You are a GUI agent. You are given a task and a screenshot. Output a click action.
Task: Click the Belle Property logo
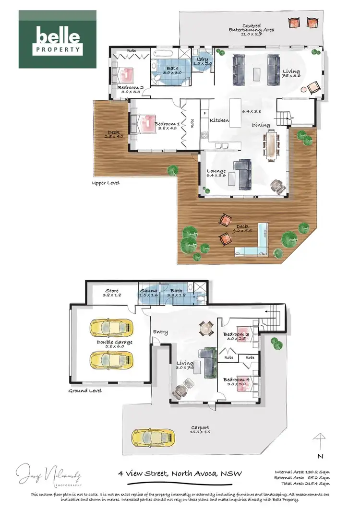[x=58, y=39]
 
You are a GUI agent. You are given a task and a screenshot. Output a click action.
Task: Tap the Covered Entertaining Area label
[x=258, y=27]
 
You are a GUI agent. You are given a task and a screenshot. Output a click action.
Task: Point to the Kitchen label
[x=219, y=120]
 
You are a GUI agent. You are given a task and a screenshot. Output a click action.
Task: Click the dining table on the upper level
[x=272, y=145]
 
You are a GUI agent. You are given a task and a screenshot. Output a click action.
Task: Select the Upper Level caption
[x=106, y=183]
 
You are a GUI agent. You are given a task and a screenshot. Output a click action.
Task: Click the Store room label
[x=112, y=290]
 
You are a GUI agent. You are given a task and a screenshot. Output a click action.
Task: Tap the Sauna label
[x=147, y=291]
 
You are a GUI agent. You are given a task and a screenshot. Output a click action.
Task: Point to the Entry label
[x=160, y=332]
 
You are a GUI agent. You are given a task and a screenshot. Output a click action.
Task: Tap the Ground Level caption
[x=84, y=391]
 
